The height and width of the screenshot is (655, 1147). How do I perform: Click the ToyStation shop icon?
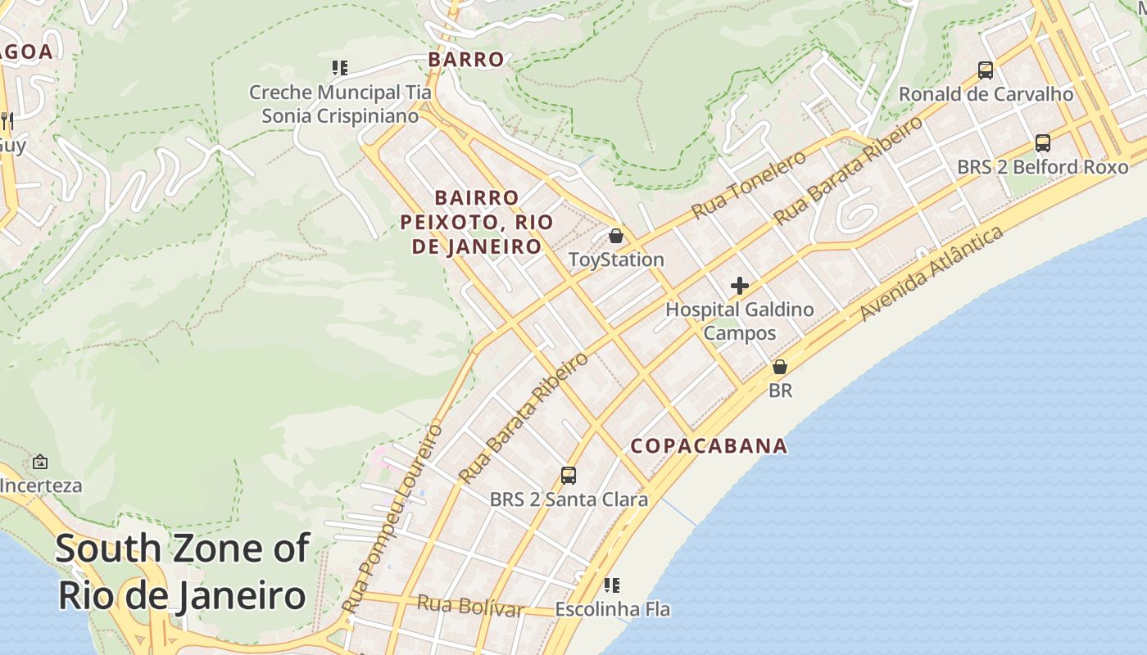pos(616,236)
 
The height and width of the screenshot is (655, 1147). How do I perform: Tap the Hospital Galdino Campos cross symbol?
pos(740,286)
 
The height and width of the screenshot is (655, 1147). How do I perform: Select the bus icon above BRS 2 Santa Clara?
pos(568,475)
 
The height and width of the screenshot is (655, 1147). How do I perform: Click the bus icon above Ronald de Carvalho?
pos(986,70)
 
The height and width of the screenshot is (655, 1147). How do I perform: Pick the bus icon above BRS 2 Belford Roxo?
pos(1042,143)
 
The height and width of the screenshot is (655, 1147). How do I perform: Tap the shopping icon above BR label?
pos(780,367)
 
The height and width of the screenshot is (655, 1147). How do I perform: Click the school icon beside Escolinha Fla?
pos(612,585)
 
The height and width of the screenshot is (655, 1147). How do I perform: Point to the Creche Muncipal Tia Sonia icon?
pos(339,68)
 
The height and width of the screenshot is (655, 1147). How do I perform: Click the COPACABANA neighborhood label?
pos(709,446)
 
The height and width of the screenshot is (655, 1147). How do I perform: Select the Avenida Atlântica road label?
pos(932,273)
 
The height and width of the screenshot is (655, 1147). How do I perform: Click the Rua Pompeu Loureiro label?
pos(392,518)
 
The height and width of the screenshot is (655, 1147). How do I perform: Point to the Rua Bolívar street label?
pos(470,607)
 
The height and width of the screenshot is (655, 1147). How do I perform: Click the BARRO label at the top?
pos(466,60)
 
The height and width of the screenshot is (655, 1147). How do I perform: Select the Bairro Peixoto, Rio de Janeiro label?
pos(477,222)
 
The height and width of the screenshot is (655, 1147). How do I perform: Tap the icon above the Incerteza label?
pos(39,462)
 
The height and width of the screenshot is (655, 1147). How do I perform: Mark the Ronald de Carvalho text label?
pos(986,94)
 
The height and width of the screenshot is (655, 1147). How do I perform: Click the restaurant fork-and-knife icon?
pos(7,120)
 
